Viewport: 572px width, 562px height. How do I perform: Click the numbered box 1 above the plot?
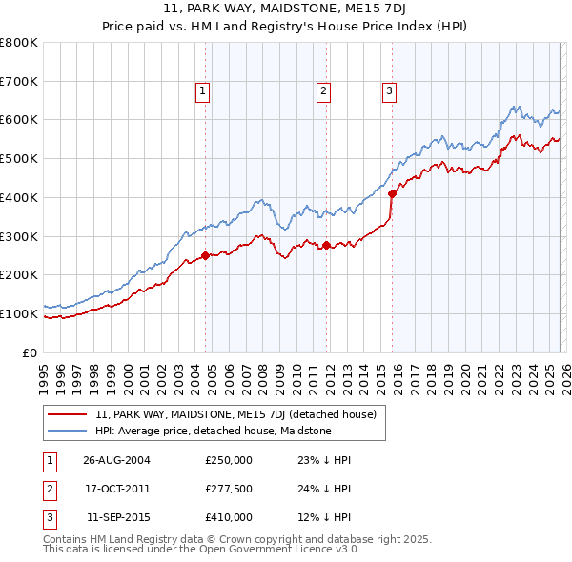coord(203,91)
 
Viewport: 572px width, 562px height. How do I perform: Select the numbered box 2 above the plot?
coord(323,91)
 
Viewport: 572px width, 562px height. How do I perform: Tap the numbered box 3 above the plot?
coord(390,91)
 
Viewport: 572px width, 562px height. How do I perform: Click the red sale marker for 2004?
coord(206,255)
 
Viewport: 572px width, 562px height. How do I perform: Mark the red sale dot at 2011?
coord(326,245)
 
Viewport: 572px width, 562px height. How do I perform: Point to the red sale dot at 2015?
coord(393,193)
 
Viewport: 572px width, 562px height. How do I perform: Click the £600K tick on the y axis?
coord(19,120)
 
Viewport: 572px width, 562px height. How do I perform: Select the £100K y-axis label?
coord(19,313)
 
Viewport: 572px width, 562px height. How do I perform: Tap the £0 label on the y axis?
coord(30,352)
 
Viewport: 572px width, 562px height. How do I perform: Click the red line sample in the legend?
coord(68,414)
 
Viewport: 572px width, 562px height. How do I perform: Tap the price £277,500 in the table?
coord(229,489)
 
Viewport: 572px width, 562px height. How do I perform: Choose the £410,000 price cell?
coord(229,517)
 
